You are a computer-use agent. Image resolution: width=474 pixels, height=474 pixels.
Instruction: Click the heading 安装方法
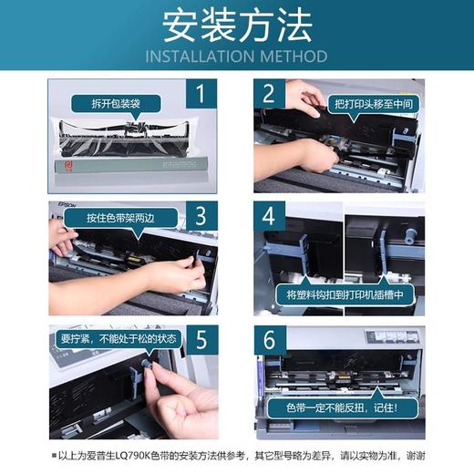236,27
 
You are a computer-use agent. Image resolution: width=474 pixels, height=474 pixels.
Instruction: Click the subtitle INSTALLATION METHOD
236,57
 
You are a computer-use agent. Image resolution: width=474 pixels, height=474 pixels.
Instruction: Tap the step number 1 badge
201,93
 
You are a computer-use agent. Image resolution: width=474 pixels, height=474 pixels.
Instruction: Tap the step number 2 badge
269,93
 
